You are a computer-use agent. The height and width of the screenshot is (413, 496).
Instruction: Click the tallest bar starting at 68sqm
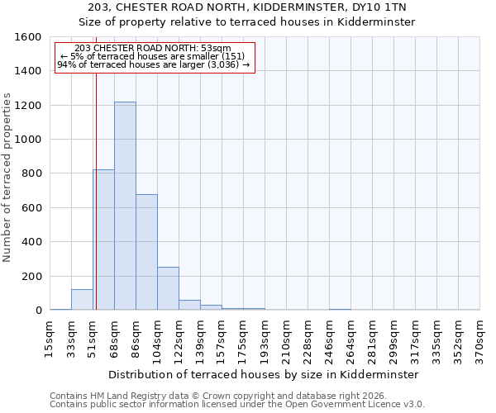tap(125, 206)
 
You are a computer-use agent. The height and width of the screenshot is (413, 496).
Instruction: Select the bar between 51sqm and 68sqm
tap(104, 240)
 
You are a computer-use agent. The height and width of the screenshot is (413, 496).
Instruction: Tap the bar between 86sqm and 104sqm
tap(146, 252)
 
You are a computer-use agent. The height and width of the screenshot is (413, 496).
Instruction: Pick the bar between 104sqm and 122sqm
tap(168, 288)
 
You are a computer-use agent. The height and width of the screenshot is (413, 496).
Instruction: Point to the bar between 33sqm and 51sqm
tap(82, 300)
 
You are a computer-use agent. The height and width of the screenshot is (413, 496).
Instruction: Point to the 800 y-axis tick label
tap(31, 173)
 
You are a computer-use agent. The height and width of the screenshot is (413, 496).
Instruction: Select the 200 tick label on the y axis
tap(31, 276)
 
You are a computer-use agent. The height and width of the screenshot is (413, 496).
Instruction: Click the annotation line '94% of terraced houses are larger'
tap(154, 64)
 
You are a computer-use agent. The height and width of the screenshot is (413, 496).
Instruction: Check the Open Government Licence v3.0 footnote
tap(237, 405)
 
